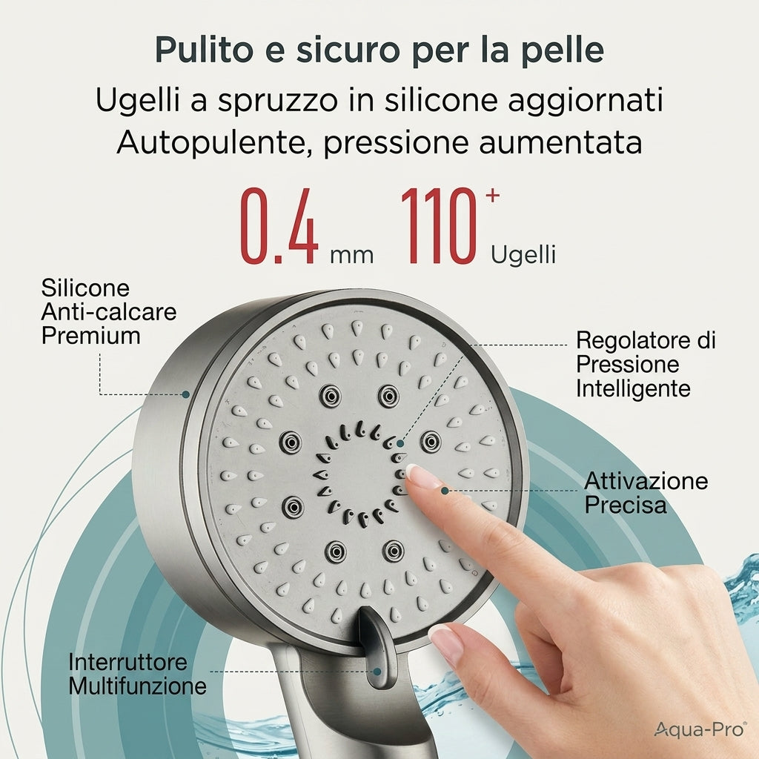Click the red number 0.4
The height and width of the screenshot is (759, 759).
pyautogui.click(x=279, y=228)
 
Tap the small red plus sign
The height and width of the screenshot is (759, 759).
pyautogui.click(x=492, y=195)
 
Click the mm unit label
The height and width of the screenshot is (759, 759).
pyautogui.click(x=352, y=255)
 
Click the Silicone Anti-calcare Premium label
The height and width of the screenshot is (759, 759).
pyautogui.click(x=109, y=312)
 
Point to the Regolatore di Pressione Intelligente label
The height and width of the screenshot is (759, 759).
pyautogui.click(x=646, y=364)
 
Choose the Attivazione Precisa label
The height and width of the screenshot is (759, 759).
pyautogui.click(x=646, y=493)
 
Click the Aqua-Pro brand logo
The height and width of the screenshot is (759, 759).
pyautogui.click(x=700, y=729)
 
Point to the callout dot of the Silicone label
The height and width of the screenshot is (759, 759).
pyautogui.click(x=185, y=394)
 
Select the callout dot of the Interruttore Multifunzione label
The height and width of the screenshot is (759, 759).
pyautogui.click(x=377, y=672)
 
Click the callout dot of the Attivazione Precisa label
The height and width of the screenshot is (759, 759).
pyautogui.click(x=445, y=491)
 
